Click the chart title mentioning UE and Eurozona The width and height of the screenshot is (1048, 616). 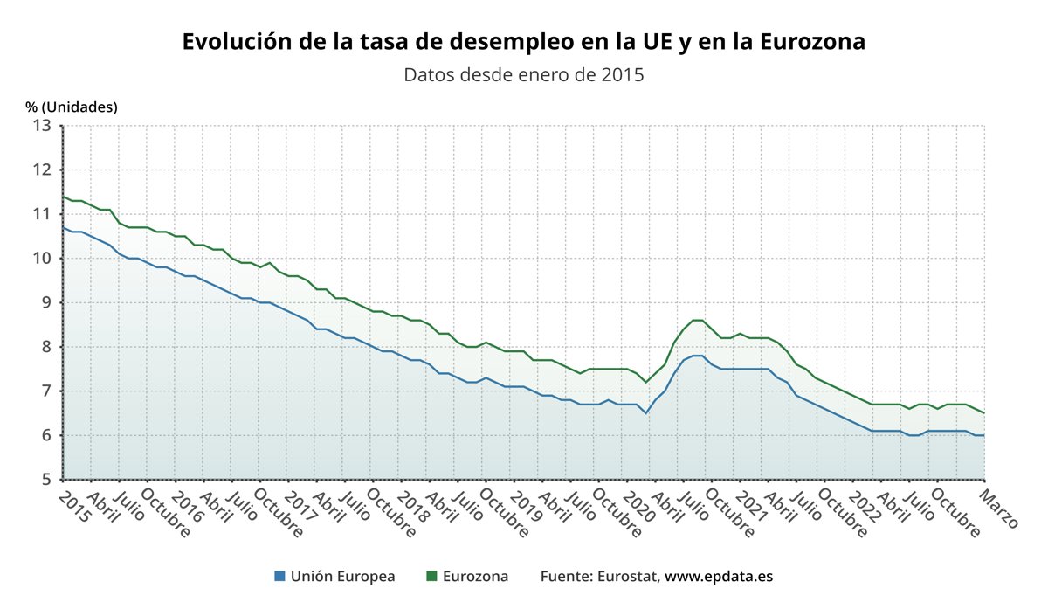[x=523, y=42]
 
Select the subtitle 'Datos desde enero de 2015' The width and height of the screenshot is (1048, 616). [x=523, y=74]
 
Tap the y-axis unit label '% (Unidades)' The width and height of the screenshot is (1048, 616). [x=72, y=107]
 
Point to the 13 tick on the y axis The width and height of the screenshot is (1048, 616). [x=43, y=125]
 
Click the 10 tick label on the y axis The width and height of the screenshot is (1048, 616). [x=43, y=258]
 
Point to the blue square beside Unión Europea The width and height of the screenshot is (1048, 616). [x=279, y=577]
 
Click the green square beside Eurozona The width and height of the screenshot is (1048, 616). [x=431, y=577]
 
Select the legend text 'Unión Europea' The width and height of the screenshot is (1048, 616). [x=342, y=577]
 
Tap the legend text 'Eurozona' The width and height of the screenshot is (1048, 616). [x=475, y=577]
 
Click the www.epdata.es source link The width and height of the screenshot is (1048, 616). [x=719, y=577]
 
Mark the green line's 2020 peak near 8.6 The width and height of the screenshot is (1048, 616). [x=698, y=320]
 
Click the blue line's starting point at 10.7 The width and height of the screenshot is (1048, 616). [x=64, y=227]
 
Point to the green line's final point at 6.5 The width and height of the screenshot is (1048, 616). [x=984, y=413]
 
